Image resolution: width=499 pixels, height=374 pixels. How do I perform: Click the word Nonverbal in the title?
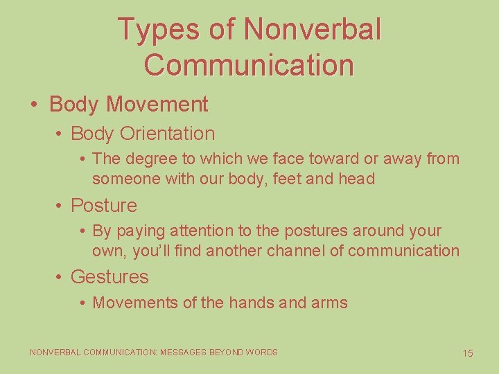(x=313, y=29)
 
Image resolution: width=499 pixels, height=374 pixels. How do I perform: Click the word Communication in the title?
(x=249, y=65)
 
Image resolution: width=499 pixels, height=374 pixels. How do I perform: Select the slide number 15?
(x=468, y=353)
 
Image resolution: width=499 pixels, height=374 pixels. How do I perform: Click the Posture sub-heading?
(x=104, y=206)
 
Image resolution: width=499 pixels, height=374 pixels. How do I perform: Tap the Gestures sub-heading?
(x=110, y=277)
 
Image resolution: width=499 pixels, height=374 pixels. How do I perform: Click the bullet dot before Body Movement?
(x=34, y=105)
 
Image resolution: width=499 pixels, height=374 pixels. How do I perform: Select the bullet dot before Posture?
(x=60, y=206)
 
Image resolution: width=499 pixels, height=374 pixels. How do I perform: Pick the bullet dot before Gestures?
(x=60, y=277)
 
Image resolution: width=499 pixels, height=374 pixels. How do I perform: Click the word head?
(x=357, y=179)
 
